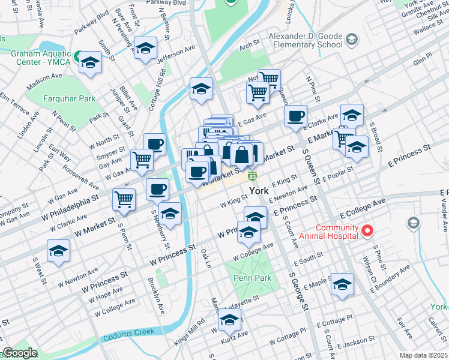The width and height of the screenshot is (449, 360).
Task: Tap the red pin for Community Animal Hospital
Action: (367, 230)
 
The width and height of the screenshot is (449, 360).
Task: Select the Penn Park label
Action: (253, 278)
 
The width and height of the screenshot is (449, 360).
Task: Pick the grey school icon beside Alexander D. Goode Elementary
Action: (351, 40)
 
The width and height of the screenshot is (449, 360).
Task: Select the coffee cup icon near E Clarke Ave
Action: (295, 116)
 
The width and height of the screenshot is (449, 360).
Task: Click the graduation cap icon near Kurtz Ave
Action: (229, 320)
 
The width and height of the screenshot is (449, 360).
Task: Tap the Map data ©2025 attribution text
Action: (423, 355)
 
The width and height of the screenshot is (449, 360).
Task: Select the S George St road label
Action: (298, 292)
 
